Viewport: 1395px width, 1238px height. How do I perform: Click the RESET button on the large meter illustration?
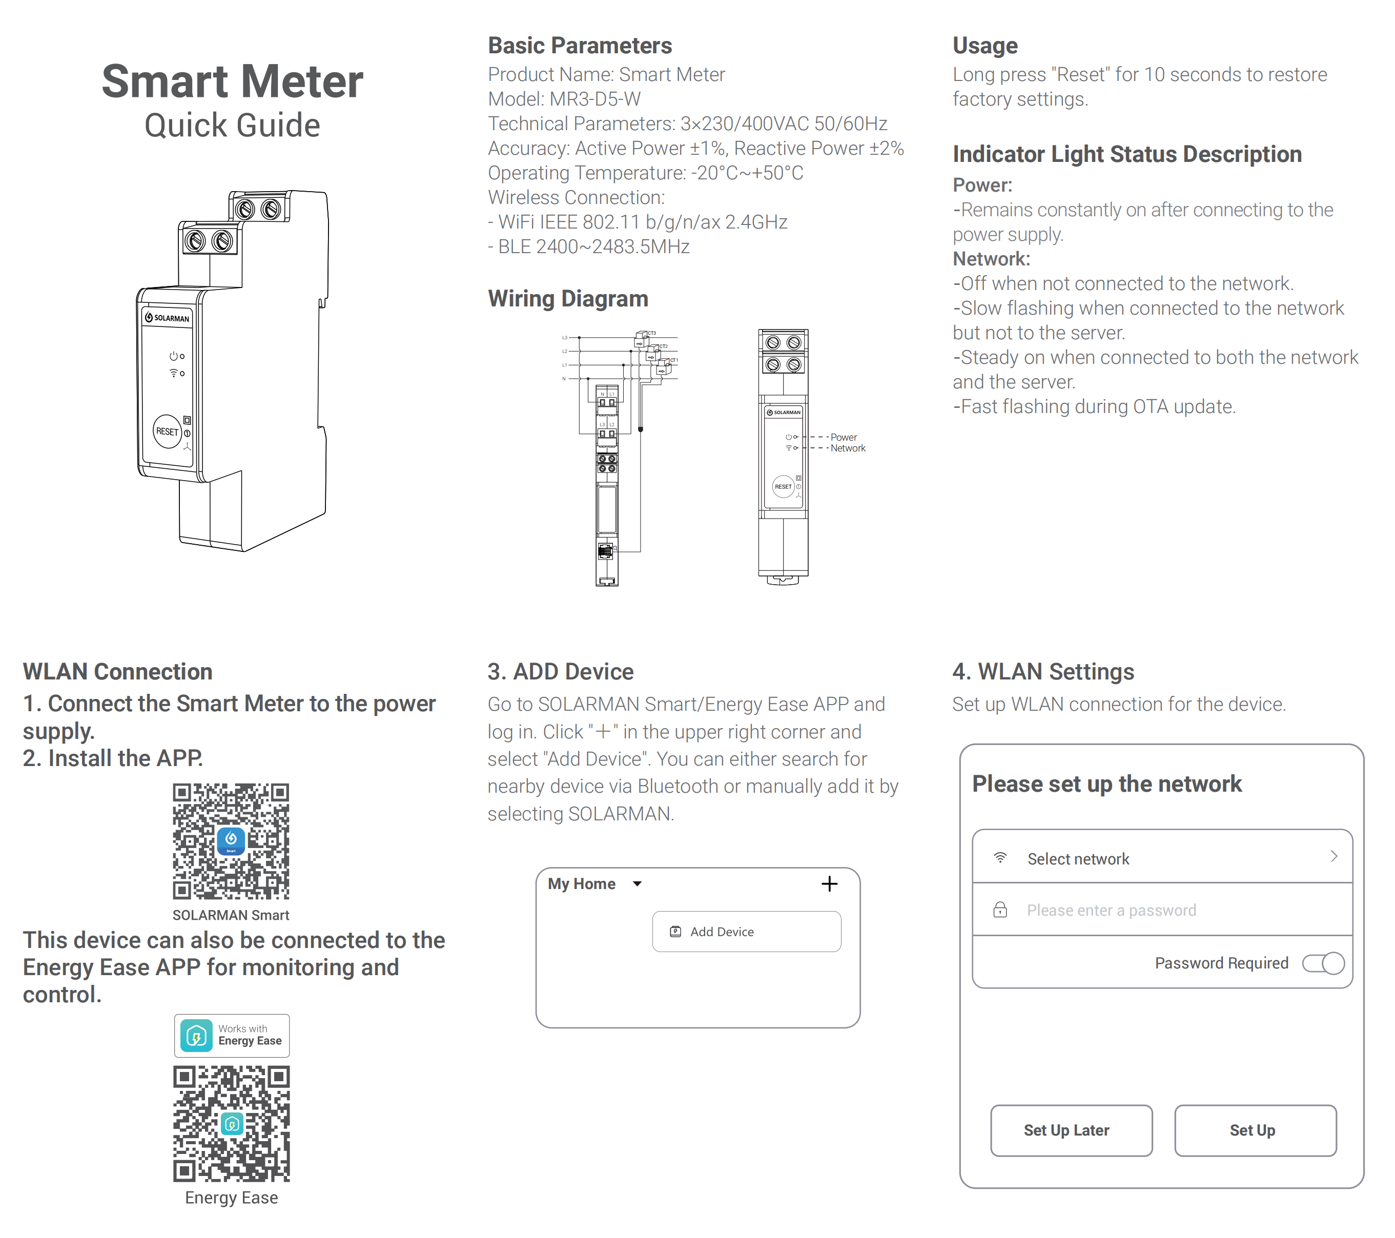(x=167, y=431)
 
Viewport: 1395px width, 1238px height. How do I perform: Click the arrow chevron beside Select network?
(x=1334, y=856)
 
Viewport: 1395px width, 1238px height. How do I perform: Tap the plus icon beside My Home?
(x=829, y=884)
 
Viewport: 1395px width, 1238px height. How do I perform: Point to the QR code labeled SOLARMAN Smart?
(x=231, y=841)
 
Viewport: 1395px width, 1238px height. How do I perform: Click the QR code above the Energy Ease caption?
(x=231, y=1123)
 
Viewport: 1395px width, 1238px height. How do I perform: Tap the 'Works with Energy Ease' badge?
(x=231, y=1035)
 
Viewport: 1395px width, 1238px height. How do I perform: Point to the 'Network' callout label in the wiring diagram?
(x=848, y=448)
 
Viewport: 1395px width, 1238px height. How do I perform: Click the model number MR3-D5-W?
(x=595, y=99)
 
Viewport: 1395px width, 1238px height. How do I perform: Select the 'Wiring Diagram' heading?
(x=568, y=299)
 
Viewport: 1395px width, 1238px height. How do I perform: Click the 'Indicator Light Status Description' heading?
(x=1127, y=154)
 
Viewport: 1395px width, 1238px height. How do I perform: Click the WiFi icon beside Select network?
(x=1000, y=858)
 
